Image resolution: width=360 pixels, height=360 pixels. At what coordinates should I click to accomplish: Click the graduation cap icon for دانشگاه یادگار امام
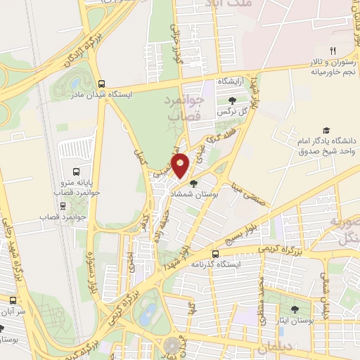326,131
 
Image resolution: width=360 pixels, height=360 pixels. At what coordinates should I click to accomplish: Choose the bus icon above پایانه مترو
76,171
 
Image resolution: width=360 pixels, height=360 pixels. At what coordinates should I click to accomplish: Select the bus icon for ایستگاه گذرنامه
214,255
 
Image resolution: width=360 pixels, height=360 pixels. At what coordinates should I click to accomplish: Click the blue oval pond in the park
147,307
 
